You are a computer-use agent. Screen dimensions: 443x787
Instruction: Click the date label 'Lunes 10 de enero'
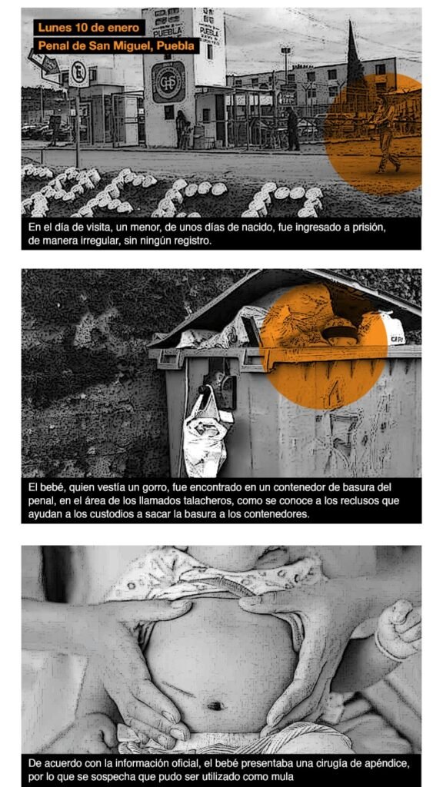(x=89, y=28)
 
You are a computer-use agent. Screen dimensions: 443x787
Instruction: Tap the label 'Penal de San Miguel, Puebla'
(x=117, y=46)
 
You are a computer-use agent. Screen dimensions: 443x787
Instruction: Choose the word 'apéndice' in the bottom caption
(x=387, y=764)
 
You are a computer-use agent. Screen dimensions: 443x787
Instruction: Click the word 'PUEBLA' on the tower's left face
(x=164, y=32)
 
